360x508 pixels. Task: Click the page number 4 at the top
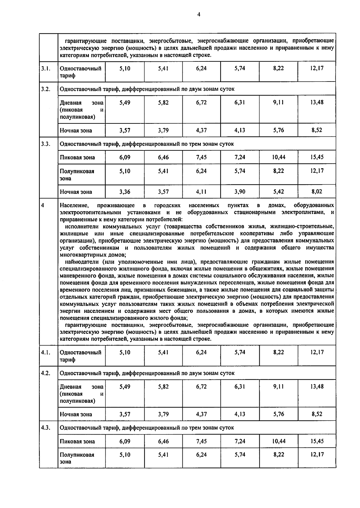coord(199,14)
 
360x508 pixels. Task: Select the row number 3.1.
coord(45,68)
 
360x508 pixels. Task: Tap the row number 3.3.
coord(45,144)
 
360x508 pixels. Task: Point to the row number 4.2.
coord(45,373)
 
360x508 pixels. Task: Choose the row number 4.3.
coord(45,428)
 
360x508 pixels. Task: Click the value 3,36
coord(124,192)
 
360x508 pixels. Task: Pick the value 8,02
coord(317,192)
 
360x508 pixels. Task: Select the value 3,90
coord(240,192)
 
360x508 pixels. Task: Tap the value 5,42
coord(278,192)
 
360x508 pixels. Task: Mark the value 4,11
coord(201,192)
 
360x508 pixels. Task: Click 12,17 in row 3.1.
coord(317,68)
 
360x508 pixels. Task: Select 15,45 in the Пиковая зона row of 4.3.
coord(317,441)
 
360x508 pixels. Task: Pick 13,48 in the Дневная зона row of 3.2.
coord(317,102)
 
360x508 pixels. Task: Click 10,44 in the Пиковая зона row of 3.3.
coord(278,157)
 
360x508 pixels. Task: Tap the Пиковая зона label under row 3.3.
coord(77,158)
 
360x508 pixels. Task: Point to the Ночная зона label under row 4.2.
coord(76,414)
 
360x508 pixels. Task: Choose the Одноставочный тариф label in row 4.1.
coord(80,356)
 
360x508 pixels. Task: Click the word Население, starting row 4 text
coord(74,206)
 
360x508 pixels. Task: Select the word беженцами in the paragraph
coord(178,290)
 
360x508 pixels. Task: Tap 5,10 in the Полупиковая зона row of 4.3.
coord(124,455)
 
